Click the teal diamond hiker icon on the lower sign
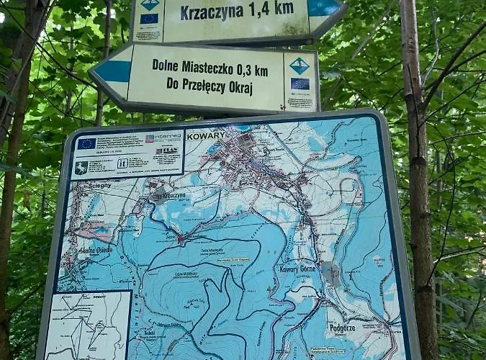300,66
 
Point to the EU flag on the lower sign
300,84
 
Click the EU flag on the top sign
149,19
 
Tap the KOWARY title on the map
205,135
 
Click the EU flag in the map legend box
87,144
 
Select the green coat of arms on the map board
81,167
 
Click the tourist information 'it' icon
123,163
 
